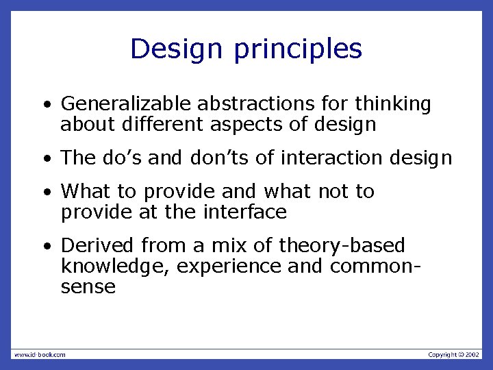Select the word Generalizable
(127, 104)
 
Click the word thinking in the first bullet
(393, 104)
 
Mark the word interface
(245, 212)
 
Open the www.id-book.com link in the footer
(40, 354)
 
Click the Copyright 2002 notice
(454, 354)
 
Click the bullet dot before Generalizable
(45, 106)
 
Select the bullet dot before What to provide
(45, 193)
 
